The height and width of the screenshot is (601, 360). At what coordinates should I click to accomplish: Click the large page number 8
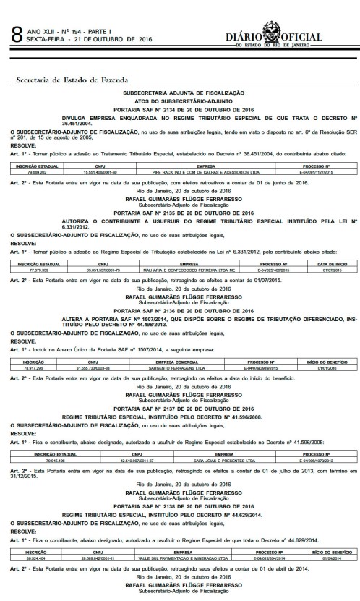[x=13, y=33]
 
